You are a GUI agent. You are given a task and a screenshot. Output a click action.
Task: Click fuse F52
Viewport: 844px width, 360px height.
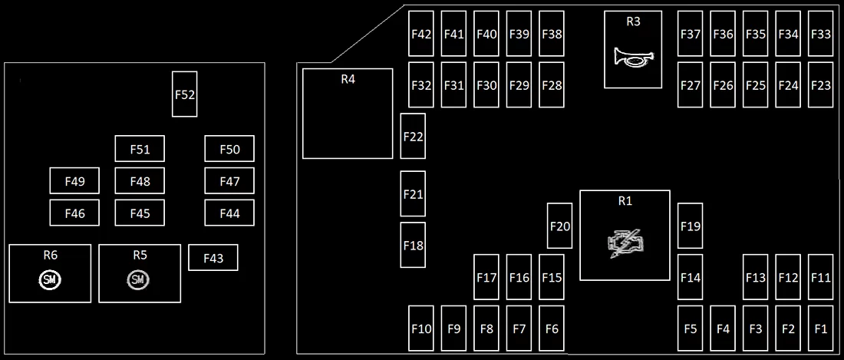[185, 94]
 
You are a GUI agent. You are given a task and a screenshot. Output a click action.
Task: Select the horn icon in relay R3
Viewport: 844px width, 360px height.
[634, 57]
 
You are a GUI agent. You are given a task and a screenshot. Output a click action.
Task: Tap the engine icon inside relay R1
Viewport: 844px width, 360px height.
[625, 244]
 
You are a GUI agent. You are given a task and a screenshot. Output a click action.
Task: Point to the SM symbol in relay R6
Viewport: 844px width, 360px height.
[51, 279]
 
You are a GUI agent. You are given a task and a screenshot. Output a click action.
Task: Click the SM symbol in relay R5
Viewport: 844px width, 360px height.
[138, 279]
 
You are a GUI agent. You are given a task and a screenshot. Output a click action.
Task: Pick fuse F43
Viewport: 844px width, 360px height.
[213, 258]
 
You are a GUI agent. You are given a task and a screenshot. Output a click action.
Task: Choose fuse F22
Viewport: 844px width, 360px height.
[413, 136]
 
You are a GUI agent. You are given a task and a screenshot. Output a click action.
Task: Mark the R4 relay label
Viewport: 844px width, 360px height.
[348, 79]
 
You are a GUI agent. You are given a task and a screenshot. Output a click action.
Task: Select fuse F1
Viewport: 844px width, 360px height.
[821, 329]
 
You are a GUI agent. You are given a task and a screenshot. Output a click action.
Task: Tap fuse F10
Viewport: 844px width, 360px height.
[421, 329]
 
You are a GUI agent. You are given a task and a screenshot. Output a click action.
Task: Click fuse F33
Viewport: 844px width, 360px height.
[821, 33]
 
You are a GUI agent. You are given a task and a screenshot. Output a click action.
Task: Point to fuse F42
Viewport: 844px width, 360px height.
[421, 33]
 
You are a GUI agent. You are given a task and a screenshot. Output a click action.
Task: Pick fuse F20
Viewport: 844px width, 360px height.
[560, 226]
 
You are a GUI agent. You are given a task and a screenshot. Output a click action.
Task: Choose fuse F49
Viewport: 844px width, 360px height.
[75, 181]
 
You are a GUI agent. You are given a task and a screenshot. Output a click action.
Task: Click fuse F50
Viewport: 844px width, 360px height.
[230, 148]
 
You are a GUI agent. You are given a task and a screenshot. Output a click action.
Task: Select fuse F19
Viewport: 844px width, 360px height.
[691, 226]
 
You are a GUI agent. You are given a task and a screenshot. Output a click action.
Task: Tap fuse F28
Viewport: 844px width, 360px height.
[552, 85]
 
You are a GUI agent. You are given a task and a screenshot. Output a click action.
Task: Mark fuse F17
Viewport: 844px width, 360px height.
[486, 277]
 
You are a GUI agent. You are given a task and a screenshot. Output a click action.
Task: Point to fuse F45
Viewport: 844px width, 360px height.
[140, 213]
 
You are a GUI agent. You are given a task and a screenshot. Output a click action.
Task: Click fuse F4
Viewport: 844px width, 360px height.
[724, 329]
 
